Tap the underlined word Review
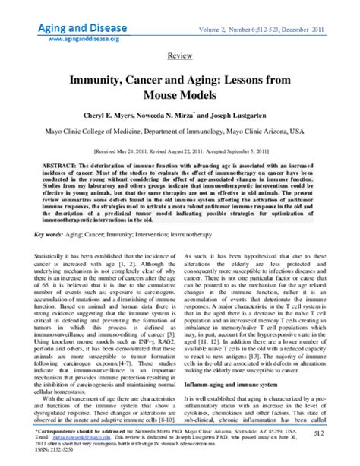(x=179, y=57)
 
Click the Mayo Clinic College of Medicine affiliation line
(x=179, y=131)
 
